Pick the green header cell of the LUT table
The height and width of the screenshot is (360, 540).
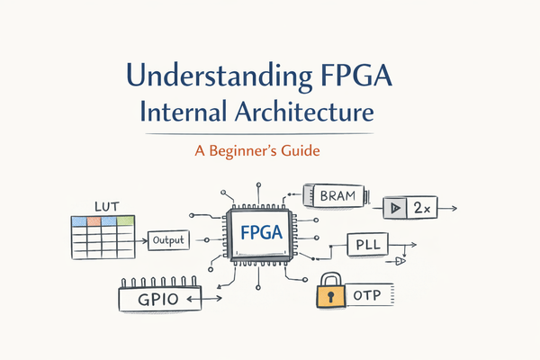click(125, 220)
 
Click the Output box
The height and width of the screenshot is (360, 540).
click(168, 240)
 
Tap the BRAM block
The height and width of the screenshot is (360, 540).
click(338, 193)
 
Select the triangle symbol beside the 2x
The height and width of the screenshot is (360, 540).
click(395, 208)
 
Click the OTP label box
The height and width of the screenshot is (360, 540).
click(369, 294)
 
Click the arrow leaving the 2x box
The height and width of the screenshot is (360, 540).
click(450, 208)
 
